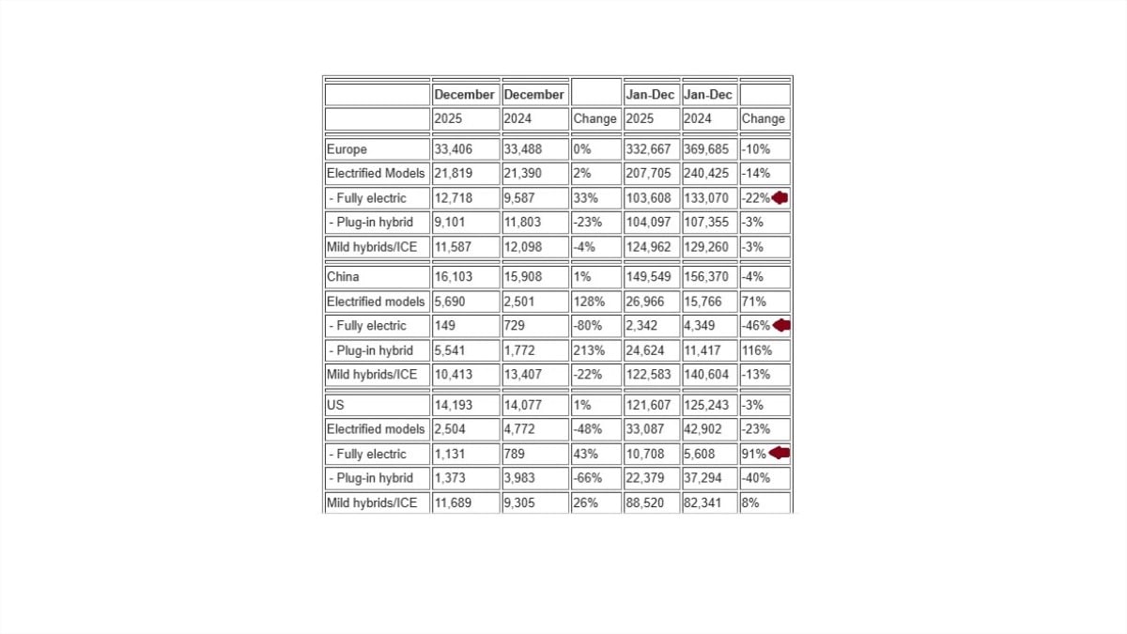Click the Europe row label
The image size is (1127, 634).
347,149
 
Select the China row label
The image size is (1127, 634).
343,277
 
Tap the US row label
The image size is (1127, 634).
335,405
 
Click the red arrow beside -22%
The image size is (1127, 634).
780,198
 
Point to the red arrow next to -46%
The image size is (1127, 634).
780,325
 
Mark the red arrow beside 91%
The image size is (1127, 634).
779,453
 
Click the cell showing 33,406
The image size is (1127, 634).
454,149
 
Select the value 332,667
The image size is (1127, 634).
648,149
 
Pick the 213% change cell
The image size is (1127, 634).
587,350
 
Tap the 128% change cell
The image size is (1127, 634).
587,302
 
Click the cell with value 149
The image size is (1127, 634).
445,326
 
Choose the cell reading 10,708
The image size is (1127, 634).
645,454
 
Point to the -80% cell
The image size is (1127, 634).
587,326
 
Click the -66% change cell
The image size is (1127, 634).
587,478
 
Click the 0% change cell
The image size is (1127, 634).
582,149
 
